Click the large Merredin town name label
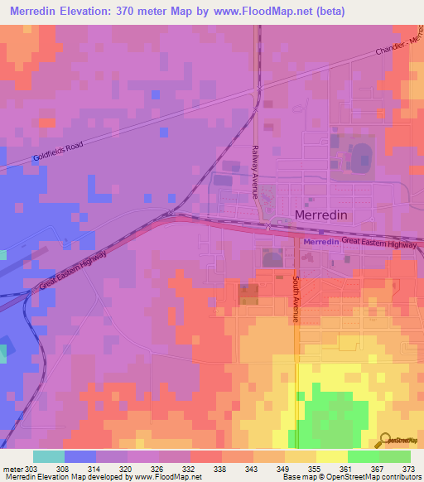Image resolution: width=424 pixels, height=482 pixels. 332,215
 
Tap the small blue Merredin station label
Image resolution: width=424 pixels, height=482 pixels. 320,241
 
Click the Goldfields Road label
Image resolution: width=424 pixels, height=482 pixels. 58,152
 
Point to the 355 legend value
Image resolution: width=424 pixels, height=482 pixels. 316,469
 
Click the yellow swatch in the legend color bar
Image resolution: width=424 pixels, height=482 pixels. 331,456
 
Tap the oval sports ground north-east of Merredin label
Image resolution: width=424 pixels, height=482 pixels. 362,157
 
